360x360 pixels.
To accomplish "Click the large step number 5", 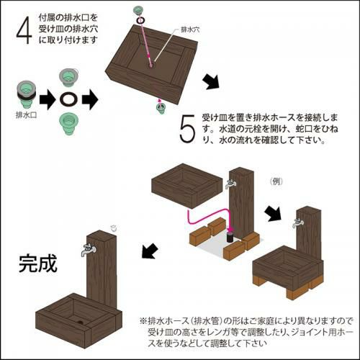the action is coord(187,129).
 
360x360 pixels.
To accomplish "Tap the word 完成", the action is coord(38,264).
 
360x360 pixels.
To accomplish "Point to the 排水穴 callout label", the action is coord(190,30).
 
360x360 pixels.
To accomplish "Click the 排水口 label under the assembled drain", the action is coord(26,115).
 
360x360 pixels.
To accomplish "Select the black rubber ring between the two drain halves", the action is coord(69,99).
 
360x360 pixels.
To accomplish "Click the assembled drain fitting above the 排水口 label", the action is coord(27,95).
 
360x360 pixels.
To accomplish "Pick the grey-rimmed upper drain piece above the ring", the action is coord(68,78).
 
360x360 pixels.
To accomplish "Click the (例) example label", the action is coord(276,181).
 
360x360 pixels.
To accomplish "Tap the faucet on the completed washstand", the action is coord(89,250).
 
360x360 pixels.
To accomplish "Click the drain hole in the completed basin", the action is coord(80,323).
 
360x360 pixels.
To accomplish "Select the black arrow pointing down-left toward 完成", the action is coord(150,251).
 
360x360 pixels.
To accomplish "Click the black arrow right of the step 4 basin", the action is coord(211,81).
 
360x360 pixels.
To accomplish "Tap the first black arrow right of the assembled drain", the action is coord(48,99).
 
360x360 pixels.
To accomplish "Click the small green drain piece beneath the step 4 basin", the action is coord(160,107).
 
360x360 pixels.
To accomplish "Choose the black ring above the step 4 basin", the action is coord(140,20).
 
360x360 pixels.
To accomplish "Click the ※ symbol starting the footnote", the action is coord(143,320).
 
